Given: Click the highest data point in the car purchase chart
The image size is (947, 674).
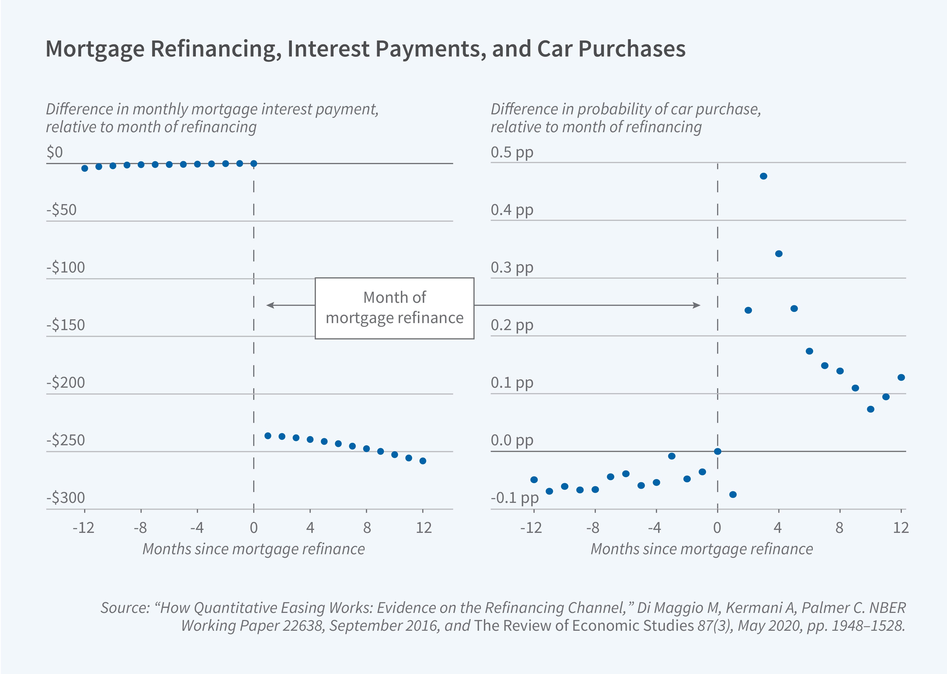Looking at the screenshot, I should (x=763, y=176).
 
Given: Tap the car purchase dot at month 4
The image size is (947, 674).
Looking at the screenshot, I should (x=778, y=254).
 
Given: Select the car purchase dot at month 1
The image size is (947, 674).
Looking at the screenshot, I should (x=733, y=494).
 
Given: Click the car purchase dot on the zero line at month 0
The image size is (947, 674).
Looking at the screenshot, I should (x=717, y=451).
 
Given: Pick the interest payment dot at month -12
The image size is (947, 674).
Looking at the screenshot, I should (x=85, y=168).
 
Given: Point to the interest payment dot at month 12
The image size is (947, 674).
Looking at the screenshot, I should (x=423, y=461).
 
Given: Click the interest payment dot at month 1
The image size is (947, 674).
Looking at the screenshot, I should (x=268, y=436).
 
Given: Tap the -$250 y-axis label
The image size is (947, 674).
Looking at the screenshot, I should (x=66, y=440).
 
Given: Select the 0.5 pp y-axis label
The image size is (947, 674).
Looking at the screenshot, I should (x=512, y=152).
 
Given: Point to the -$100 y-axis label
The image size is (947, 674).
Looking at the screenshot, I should (x=66, y=267).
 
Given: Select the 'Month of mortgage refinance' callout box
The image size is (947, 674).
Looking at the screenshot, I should (x=394, y=308).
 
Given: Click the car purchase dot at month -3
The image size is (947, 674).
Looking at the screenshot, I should (x=671, y=456).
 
